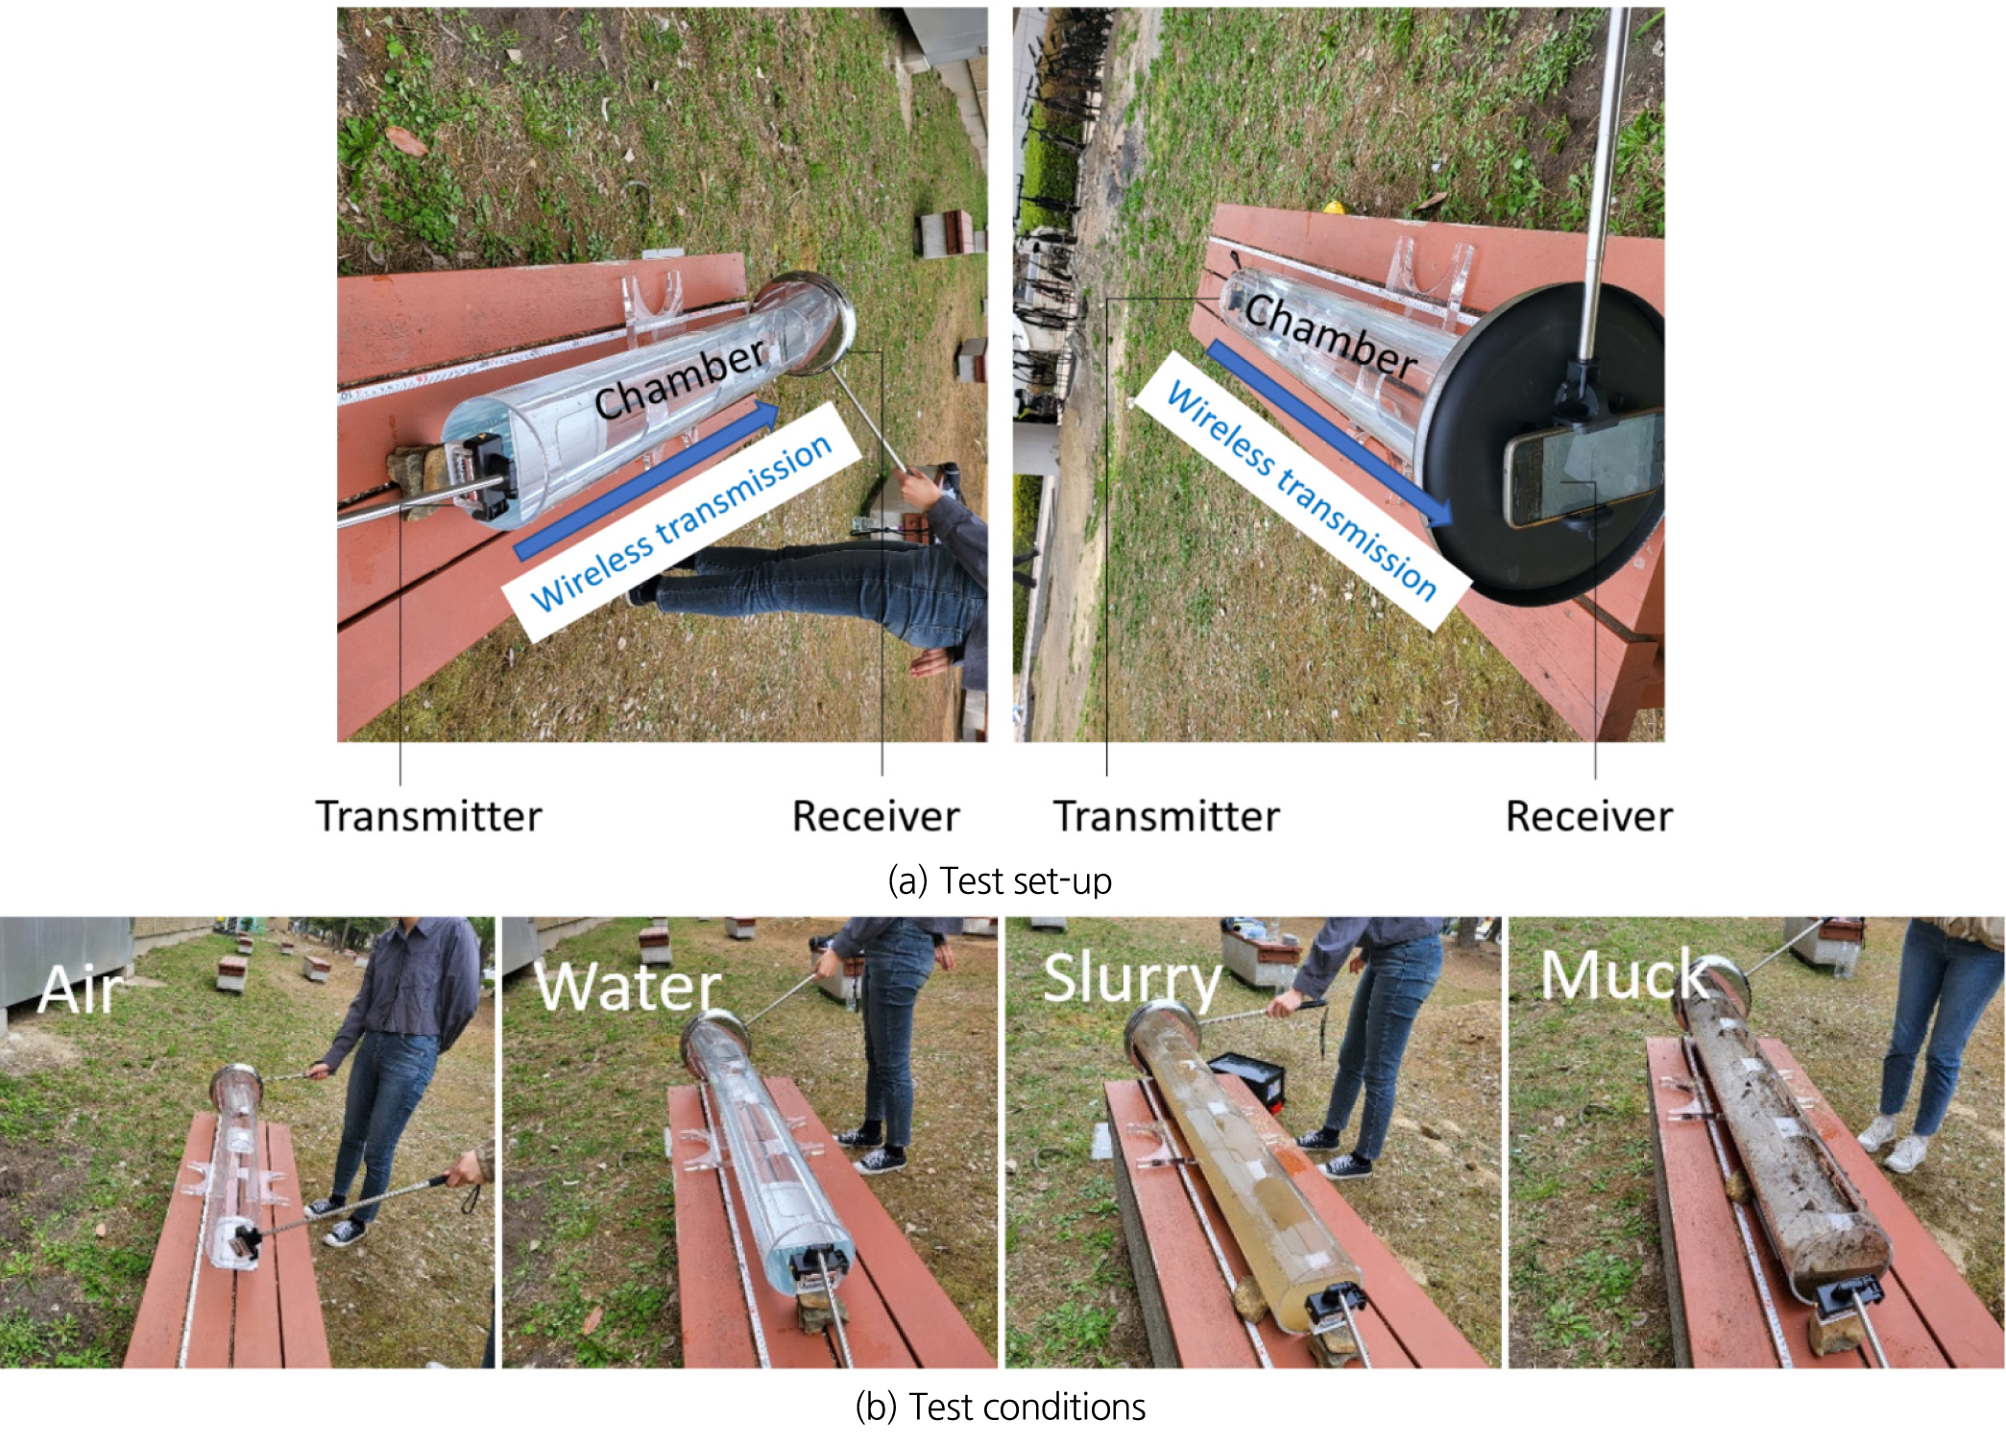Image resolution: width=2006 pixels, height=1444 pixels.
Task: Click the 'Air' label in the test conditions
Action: click(83, 989)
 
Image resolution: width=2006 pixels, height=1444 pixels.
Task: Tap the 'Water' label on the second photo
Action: click(629, 986)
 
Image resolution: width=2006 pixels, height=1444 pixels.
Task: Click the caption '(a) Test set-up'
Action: click(1000, 880)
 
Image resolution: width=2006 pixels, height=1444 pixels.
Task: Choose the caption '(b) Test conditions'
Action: click(1000, 1407)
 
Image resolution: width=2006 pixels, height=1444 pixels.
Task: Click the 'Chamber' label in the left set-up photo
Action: click(680, 380)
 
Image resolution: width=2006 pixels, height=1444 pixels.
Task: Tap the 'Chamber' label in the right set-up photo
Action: click(1331, 336)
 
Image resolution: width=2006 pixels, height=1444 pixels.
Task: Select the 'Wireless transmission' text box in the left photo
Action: click(681, 521)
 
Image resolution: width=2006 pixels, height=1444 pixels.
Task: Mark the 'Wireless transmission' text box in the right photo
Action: click(1302, 491)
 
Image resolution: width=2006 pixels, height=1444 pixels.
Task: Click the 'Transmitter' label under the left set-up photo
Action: click(428, 817)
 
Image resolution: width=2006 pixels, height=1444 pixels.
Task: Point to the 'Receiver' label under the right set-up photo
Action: click(1589, 817)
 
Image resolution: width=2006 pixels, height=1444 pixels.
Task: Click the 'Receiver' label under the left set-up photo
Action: click(876, 817)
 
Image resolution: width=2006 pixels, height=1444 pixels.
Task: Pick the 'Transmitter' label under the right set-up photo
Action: click(1167, 817)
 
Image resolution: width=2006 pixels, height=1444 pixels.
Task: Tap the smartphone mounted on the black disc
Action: click(1583, 468)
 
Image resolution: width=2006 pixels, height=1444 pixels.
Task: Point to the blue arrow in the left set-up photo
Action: click(648, 480)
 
